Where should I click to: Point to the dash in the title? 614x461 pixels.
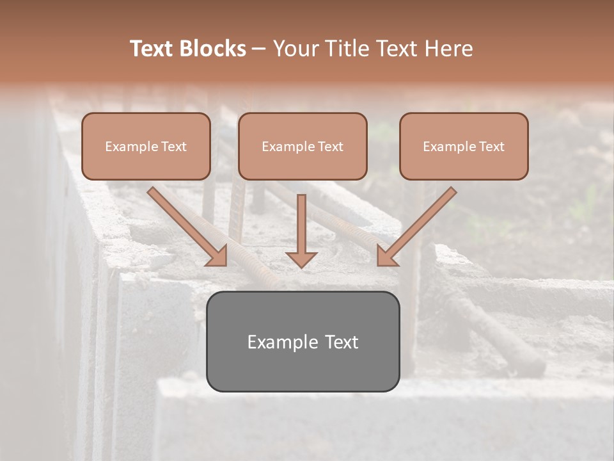tap(259, 49)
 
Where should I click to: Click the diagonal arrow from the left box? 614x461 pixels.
tap(185, 224)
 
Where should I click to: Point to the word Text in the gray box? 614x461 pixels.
tap(341, 342)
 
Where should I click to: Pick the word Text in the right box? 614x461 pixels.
tap(491, 147)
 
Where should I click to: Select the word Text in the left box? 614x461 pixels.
tap(174, 147)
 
